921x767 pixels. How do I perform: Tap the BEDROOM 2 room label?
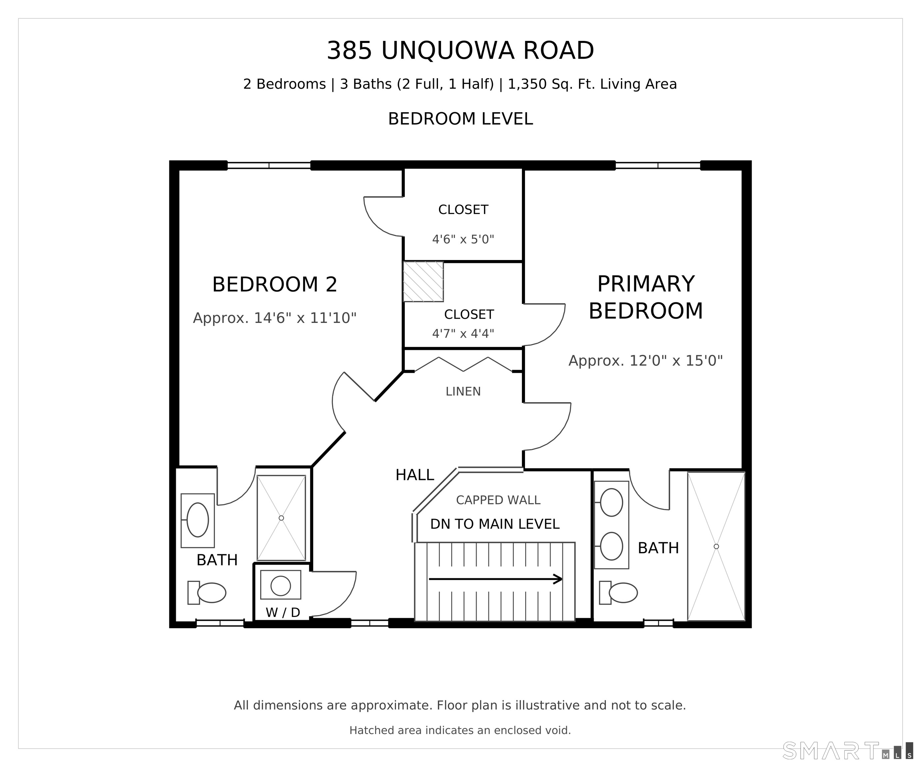(274, 284)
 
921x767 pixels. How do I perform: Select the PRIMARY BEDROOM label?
(646, 298)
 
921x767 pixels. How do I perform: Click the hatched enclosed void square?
(423, 281)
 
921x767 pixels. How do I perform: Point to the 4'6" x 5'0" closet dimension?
(463, 239)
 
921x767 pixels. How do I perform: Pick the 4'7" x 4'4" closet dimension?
(463, 334)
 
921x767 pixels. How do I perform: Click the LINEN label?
(463, 391)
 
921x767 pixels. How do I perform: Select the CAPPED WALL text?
(498, 500)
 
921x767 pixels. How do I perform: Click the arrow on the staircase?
(496, 579)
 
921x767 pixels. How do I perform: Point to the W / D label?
(283, 612)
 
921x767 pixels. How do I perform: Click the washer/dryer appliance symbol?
(281, 585)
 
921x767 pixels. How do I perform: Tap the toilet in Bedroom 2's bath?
(207, 593)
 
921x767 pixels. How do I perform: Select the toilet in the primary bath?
(618, 593)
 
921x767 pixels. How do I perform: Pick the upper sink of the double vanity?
(611, 502)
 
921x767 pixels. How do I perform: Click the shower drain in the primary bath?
(716, 547)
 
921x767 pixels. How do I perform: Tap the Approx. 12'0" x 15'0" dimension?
(646, 361)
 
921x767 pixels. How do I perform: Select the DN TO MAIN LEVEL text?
(495, 524)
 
